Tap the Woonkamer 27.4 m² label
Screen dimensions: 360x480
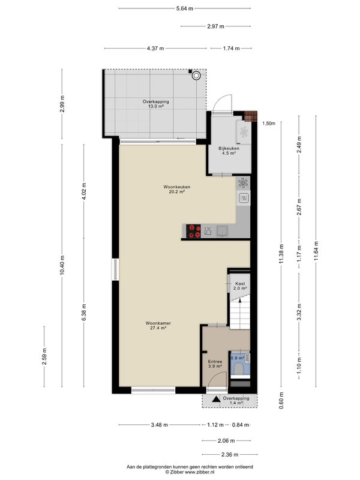pos(158,325)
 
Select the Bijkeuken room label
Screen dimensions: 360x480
pos(229,151)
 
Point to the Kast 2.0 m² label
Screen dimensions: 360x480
pos(240,286)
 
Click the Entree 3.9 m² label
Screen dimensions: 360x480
pos(215,364)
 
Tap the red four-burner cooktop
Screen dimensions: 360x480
pos(194,231)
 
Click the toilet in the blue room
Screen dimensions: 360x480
pos(239,369)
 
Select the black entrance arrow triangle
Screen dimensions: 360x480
pos(216,399)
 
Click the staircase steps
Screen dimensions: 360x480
pos(239,314)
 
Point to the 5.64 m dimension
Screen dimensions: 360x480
pos(185,8)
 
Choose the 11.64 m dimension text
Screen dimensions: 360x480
pos(316,251)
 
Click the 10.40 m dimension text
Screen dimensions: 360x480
pos(62,265)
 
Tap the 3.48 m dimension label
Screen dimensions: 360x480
pos(159,425)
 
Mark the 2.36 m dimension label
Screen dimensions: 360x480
pos(230,455)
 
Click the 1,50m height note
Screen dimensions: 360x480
pos(268,124)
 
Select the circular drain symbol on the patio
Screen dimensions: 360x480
pos(196,76)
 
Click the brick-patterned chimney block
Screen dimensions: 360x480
pos(250,116)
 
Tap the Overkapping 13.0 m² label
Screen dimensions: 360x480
pos(156,104)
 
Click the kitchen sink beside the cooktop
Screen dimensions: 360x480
pos(222,231)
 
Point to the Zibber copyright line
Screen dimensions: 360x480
pos(190,472)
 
